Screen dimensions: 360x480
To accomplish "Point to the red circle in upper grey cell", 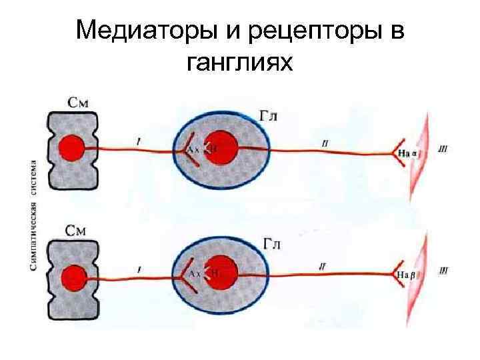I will click(71, 148).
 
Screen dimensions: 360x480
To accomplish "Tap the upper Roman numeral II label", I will click(324, 142).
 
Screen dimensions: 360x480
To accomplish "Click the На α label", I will click(407, 153).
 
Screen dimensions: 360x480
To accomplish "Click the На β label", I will click(407, 274).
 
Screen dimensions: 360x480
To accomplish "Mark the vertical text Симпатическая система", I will click(33, 214).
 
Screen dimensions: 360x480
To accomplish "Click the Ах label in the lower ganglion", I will click(195, 274).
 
